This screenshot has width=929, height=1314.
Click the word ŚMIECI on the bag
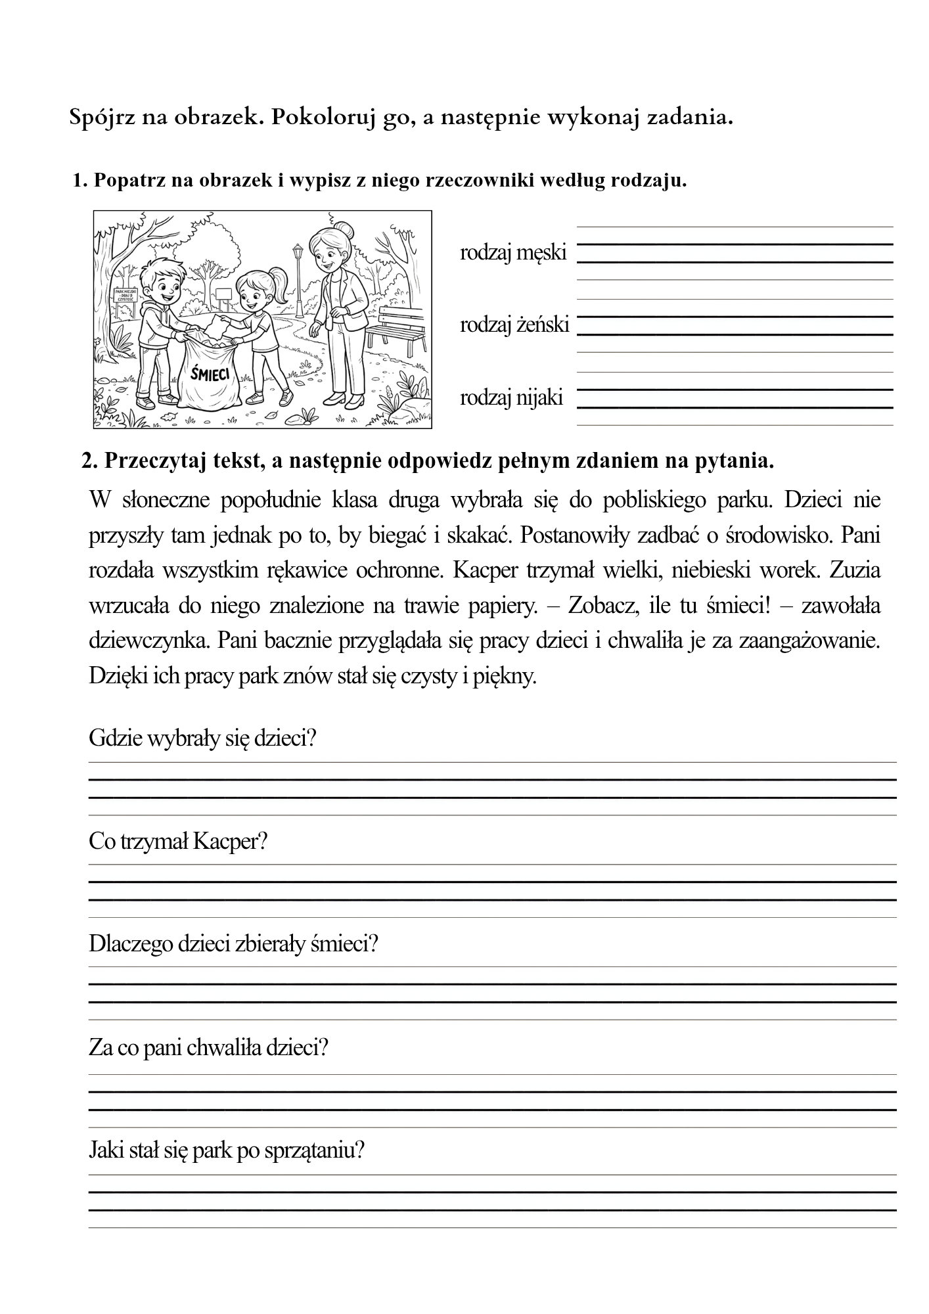210,374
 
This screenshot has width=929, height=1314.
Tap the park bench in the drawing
394,327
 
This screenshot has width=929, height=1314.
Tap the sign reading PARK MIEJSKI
125,294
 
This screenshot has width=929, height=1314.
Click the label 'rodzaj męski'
512,252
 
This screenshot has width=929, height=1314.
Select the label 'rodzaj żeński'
514,325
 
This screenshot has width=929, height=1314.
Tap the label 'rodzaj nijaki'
511,397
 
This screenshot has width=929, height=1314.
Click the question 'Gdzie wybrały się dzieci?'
202,738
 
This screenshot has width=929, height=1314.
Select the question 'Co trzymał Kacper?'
177,841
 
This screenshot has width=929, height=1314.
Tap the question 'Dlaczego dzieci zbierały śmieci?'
233,944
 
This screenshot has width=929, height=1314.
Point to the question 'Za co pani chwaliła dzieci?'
208,1047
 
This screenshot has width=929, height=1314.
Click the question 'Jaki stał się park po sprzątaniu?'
226,1150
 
